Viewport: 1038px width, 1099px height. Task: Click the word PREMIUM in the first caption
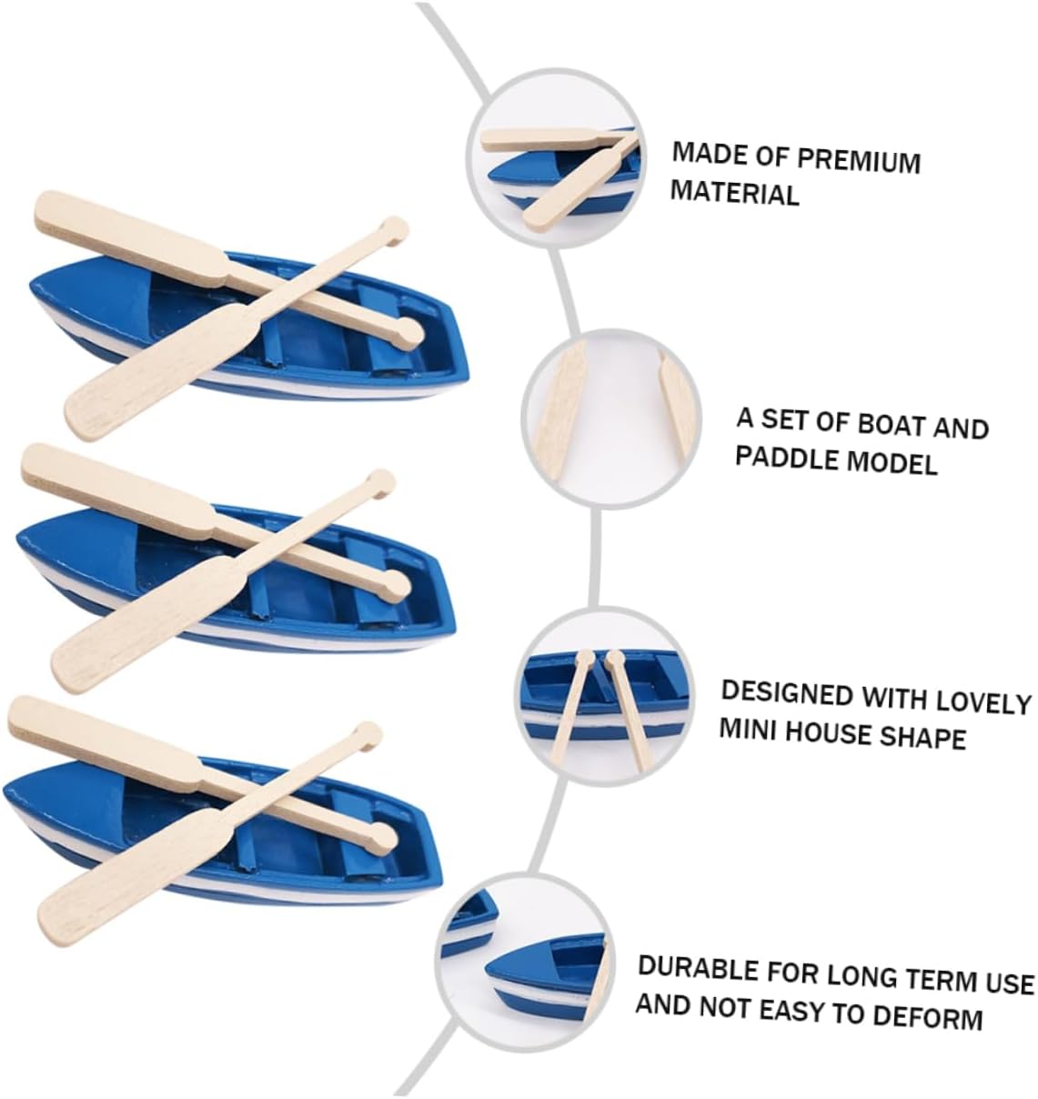tap(859, 160)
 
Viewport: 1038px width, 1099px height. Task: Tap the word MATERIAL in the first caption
tap(734, 193)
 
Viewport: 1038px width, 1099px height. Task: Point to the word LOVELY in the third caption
tap(984, 701)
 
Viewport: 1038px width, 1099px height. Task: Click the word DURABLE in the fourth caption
tap(697, 967)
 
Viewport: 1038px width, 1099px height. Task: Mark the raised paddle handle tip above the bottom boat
tap(368, 733)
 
